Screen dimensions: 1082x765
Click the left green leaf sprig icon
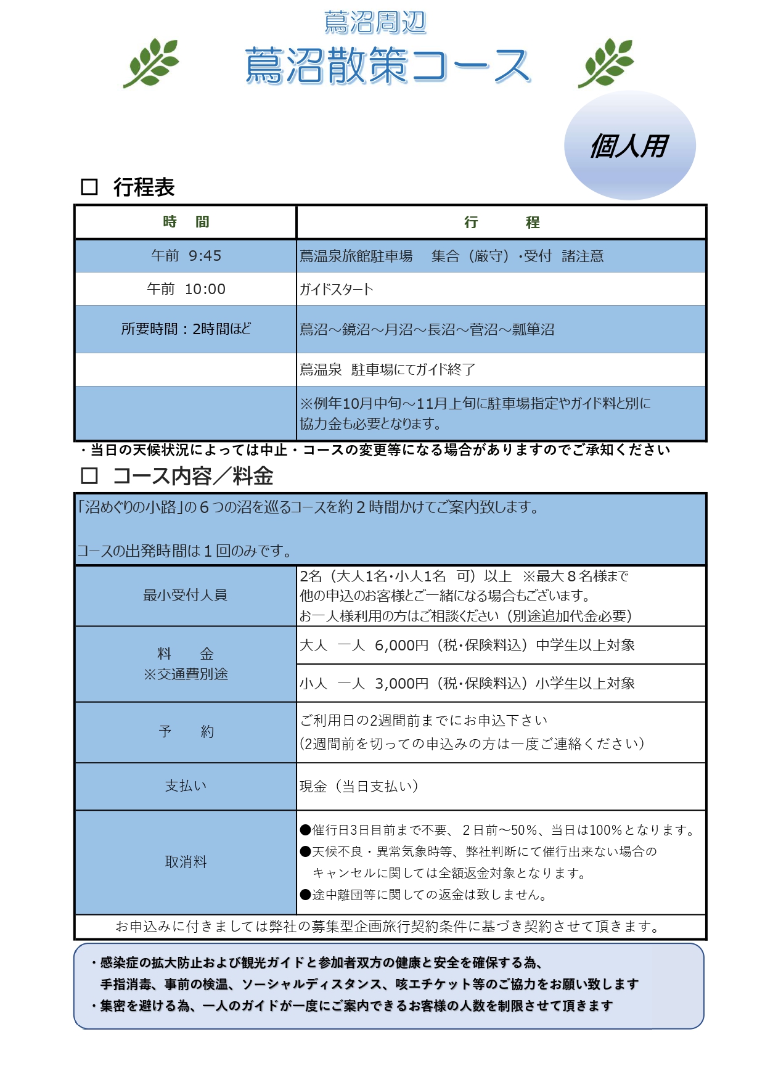point(152,62)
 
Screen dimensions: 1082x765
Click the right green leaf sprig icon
point(607,62)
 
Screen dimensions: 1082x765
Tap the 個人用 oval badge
point(629,146)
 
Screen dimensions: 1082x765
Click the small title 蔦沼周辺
point(375,23)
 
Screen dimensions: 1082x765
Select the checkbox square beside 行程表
point(89,187)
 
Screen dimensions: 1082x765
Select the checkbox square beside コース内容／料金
point(89,475)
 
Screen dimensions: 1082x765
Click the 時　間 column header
point(186,222)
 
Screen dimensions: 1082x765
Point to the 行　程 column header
point(501,222)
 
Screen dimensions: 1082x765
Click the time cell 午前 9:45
point(186,256)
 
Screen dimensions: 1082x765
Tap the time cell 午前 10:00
point(186,289)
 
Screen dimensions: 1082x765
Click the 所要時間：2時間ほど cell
point(186,329)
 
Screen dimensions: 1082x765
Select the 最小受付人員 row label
point(186,596)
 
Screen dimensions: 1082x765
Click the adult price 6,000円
point(401,646)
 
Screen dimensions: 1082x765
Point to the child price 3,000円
point(401,684)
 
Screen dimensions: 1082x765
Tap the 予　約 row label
point(186,732)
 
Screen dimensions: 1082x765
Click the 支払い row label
point(186,786)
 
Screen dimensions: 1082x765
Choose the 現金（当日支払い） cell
point(359,786)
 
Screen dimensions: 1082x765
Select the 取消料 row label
point(186,862)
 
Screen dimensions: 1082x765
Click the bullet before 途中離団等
point(305,895)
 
